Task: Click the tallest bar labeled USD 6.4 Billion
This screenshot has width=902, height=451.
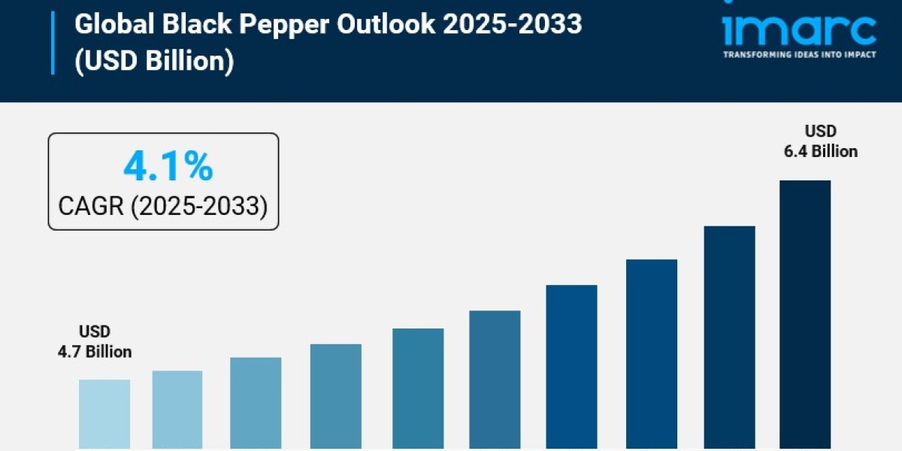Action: tap(805, 316)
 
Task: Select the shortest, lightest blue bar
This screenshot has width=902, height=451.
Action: tap(104, 415)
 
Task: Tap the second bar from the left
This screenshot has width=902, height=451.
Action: tap(177, 410)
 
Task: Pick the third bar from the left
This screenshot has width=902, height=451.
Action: tap(256, 404)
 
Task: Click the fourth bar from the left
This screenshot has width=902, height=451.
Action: tap(336, 397)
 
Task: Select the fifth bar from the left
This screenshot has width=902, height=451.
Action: tap(418, 389)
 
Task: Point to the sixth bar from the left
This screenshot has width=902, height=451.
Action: tap(495, 380)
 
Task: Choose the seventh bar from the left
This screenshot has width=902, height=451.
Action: tap(572, 368)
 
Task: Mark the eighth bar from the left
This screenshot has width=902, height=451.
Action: tap(652, 355)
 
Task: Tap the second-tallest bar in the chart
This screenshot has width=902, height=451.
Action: tap(729, 338)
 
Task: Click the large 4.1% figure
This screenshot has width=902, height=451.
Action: tap(168, 166)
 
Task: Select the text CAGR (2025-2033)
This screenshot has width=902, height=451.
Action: tap(163, 206)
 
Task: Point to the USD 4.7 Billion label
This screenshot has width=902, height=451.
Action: tap(95, 341)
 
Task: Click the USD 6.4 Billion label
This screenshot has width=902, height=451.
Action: tap(821, 141)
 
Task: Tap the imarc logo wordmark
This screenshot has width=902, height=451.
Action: tap(799, 30)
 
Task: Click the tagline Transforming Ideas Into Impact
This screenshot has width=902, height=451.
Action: tap(799, 55)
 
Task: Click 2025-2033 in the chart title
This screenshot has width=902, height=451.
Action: tap(512, 25)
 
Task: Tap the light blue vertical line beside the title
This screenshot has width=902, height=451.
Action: tap(53, 43)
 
